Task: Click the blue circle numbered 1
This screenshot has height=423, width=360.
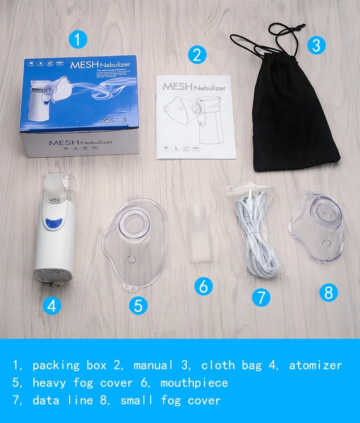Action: click(x=77, y=40)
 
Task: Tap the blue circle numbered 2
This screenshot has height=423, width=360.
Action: click(x=197, y=55)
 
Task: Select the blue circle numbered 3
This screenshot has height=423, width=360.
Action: click(x=316, y=45)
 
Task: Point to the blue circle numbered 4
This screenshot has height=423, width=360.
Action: click(x=52, y=306)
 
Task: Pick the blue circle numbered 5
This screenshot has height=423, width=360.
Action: click(x=138, y=306)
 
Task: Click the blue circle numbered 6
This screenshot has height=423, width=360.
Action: click(x=203, y=286)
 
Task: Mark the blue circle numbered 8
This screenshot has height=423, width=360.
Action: click(x=328, y=293)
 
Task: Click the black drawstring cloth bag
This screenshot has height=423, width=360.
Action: click(x=295, y=122)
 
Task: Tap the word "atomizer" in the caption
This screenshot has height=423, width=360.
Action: click(x=315, y=365)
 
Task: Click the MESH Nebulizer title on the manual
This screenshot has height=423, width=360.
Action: click(x=194, y=86)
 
